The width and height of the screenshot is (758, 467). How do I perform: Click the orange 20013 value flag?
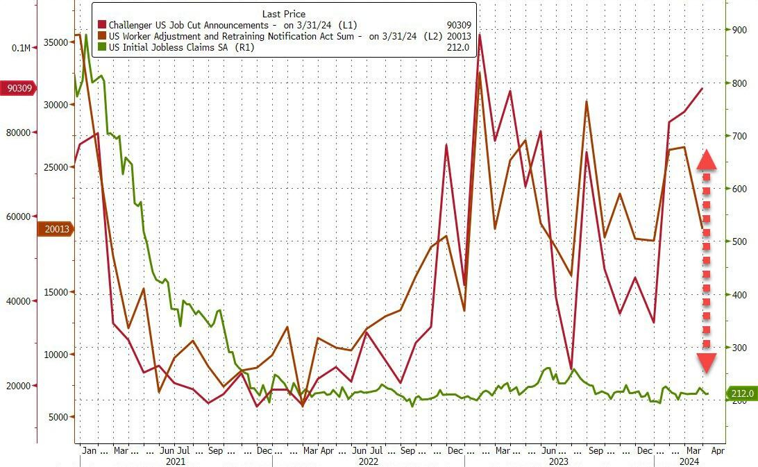54,230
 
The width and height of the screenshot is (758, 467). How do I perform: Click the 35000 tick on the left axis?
55,42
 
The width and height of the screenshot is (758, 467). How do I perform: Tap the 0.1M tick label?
21,48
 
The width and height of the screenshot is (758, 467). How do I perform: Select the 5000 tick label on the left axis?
58,417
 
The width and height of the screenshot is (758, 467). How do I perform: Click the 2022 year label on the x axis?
368,461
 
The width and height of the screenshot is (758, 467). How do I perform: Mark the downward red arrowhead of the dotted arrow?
707,362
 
